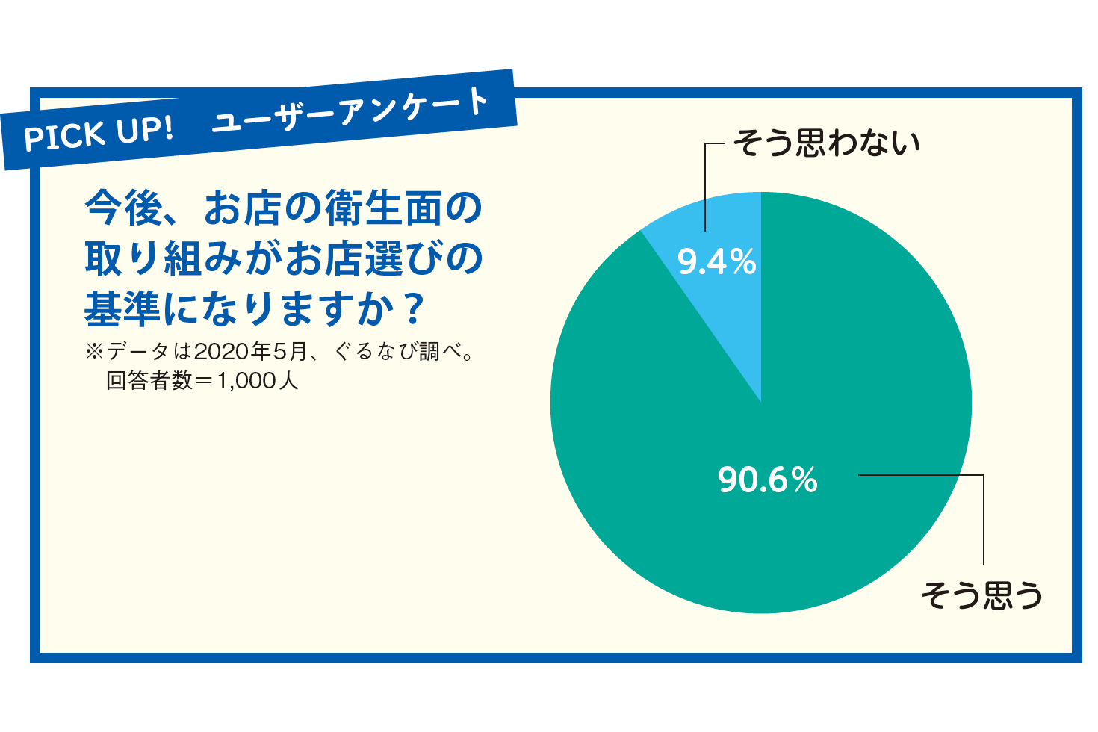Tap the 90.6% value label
767,480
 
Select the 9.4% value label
716,262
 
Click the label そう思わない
826,143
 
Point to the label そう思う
981,595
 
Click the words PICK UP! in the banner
98,134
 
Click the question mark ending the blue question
412,309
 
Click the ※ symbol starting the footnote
94,351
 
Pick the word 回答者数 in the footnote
149,381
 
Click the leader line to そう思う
983,515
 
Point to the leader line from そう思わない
705,187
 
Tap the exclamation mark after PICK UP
167,128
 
